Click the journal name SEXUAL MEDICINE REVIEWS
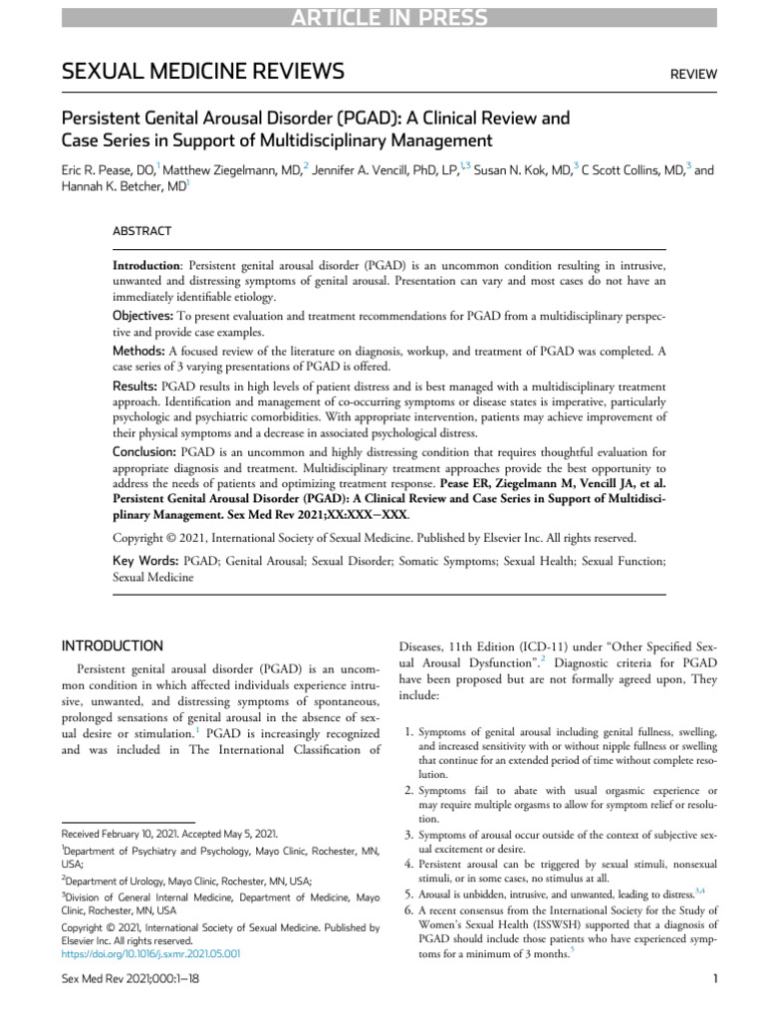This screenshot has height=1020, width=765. (x=203, y=72)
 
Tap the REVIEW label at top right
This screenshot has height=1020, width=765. (x=693, y=75)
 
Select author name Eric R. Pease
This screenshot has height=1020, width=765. (x=103, y=170)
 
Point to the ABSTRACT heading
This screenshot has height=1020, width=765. (x=141, y=231)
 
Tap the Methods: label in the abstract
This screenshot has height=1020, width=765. (x=140, y=350)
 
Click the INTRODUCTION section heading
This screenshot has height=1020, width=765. (x=113, y=645)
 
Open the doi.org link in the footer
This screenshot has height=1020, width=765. (x=150, y=953)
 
